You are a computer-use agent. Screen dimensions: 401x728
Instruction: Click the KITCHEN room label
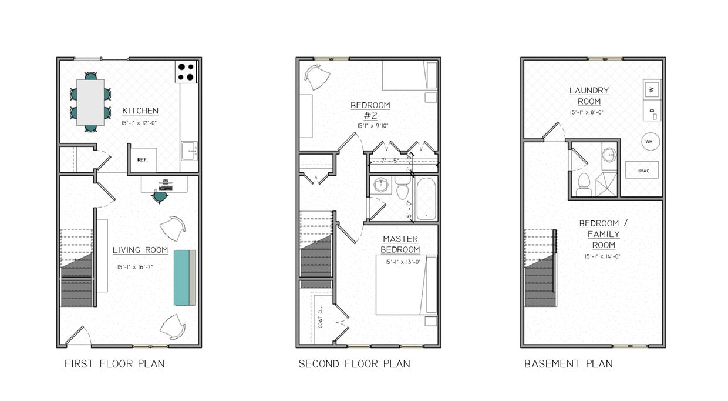tap(140, 111)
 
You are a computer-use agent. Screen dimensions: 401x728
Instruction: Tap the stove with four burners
tap(186, 72)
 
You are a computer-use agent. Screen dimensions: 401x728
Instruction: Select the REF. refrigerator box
tap(143, 159)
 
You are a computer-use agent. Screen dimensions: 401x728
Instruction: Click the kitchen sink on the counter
tap(189, 151)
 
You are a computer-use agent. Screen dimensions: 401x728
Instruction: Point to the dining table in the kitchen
tap(90, 102)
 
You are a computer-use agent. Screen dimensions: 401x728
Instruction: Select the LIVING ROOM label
tap(140, 250)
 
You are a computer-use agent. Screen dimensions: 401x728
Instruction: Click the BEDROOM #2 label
tap(370, 111)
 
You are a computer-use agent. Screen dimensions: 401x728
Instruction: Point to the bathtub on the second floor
tap(426, 199)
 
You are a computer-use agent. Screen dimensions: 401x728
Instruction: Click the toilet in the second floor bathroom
tap(403, 190)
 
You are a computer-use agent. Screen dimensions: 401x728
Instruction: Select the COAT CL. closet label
tap(321, 318)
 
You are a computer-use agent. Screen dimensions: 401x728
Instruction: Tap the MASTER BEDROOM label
tap(400, 244)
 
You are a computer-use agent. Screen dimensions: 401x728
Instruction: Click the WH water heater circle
tap(649, 142)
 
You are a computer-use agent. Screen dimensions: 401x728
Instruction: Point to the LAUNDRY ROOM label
tap(589, 96)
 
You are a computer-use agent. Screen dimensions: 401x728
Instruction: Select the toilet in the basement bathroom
tap(584, 185)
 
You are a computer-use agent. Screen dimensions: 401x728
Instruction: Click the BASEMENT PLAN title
tap(568, 364)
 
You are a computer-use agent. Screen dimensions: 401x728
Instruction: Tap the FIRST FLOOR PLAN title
tap(114, 364)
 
